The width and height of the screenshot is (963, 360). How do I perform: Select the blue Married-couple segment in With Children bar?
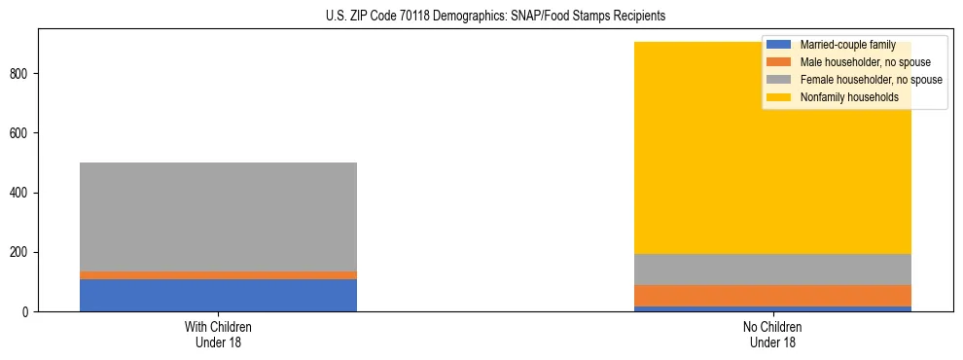pos(218,295)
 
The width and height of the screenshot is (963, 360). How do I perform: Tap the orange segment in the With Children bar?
pos(218,275)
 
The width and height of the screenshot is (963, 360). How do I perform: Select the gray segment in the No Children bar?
pos(772,270)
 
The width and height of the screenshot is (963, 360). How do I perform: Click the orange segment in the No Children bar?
pos(772,296)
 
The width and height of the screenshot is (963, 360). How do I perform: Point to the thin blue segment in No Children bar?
pos(772,308)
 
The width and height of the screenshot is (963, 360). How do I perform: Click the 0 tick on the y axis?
pos(28,312)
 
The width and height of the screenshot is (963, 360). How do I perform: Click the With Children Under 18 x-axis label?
pos(218,334)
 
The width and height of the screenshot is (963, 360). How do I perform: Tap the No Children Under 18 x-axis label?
pos(772,334)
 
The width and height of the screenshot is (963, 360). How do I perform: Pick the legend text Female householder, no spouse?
pos(871,80)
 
